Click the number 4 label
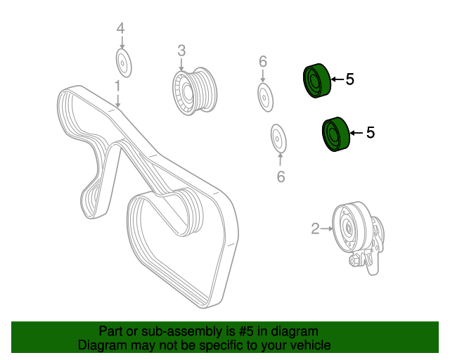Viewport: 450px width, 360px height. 120,29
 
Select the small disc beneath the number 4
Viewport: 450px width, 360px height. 124,63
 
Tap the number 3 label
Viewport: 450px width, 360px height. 181,51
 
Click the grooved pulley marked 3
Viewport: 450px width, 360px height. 195,91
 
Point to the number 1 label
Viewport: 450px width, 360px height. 117,86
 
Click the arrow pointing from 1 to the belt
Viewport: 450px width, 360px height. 117,100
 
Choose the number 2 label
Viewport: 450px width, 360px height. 315,229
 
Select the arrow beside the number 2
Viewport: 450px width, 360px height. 326,229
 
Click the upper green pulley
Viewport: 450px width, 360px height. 317,81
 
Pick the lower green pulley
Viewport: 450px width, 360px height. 336,134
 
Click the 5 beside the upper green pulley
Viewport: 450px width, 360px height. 350,79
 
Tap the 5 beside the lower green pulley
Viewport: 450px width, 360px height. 371,133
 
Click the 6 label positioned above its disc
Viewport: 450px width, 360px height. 263,62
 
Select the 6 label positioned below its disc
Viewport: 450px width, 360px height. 281,176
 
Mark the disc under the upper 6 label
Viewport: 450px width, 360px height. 265,97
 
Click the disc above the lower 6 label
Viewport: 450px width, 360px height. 278,139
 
